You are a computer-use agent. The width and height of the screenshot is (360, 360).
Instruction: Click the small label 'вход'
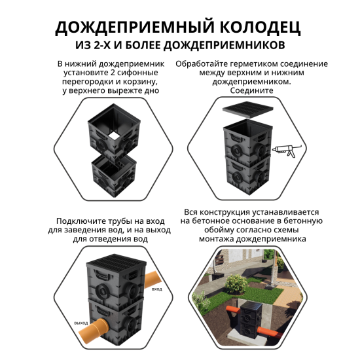click(156, 289)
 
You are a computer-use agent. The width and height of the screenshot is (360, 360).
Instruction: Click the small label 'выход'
click(80, 323)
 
